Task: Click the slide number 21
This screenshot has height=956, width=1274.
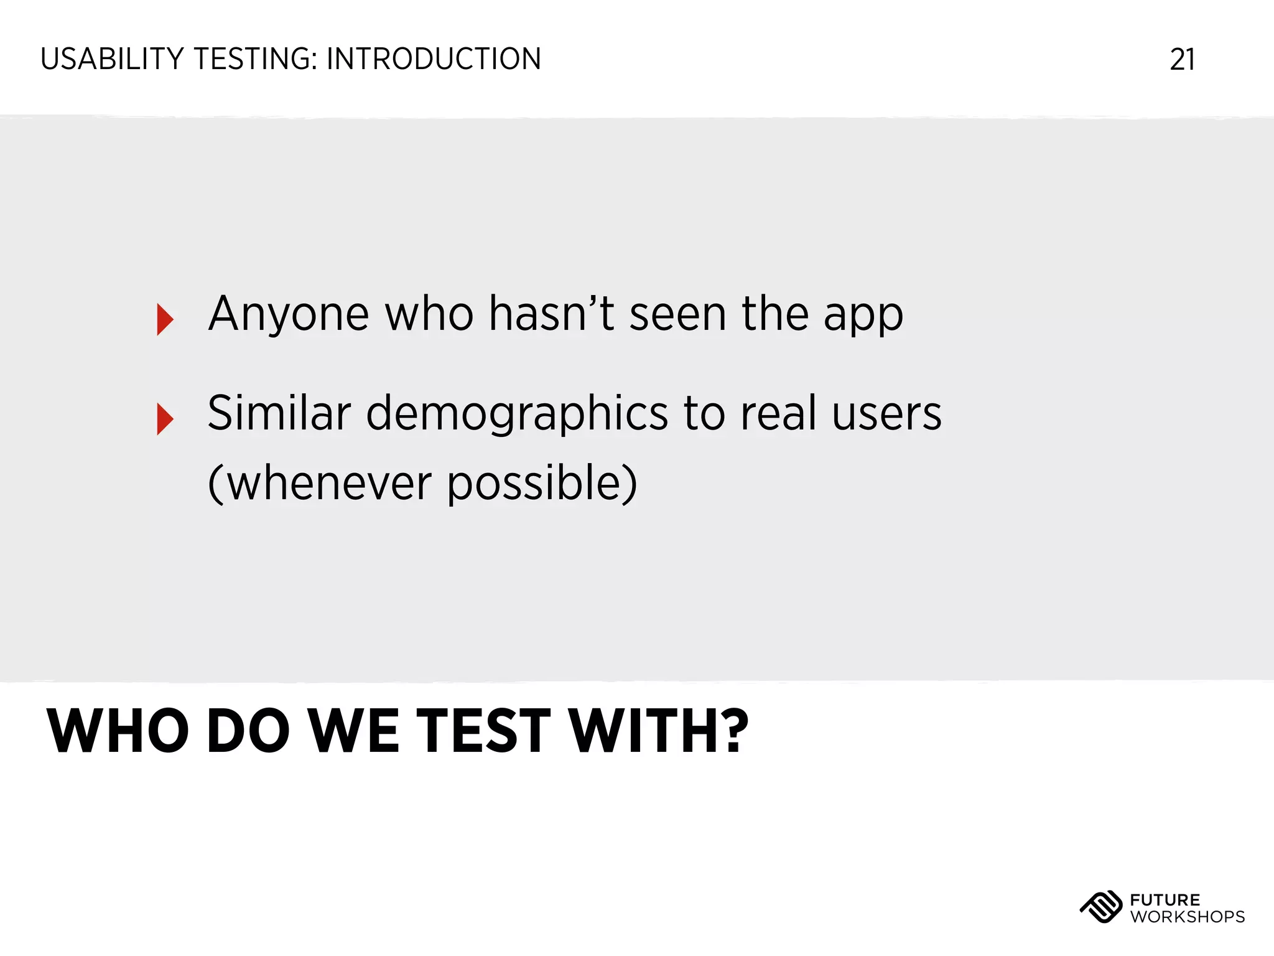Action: [1182, 60]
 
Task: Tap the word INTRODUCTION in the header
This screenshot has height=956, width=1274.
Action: [434, 60]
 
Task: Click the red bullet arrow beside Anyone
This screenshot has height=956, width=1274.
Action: [165, 319]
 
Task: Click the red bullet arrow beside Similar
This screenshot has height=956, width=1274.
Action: [165, 419]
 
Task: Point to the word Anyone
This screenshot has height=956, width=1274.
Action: [289, 314]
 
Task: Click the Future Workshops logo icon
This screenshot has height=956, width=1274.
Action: [1100, 907]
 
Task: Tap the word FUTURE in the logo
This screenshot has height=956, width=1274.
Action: [1165, 900]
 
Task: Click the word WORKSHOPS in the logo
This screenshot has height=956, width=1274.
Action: [1188, 917]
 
